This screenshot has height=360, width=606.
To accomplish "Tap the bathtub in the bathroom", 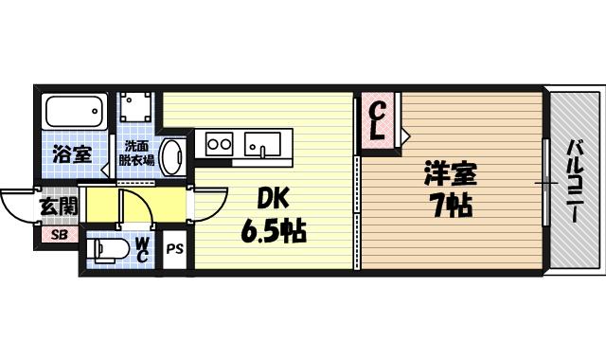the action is (x=74, y=115).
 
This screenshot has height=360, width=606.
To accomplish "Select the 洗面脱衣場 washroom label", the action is (x=138, y=153).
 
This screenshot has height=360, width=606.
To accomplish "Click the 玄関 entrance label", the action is (x=57, y=206).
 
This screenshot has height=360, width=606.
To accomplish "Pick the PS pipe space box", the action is (x=175, y=251).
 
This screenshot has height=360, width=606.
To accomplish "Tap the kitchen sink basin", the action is (x=261, y=145).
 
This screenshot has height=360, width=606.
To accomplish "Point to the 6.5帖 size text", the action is (x=274, y=230).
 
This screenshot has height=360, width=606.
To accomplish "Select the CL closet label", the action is (x=375, y=120).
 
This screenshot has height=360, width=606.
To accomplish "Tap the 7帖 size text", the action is (x=451, y=204).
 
